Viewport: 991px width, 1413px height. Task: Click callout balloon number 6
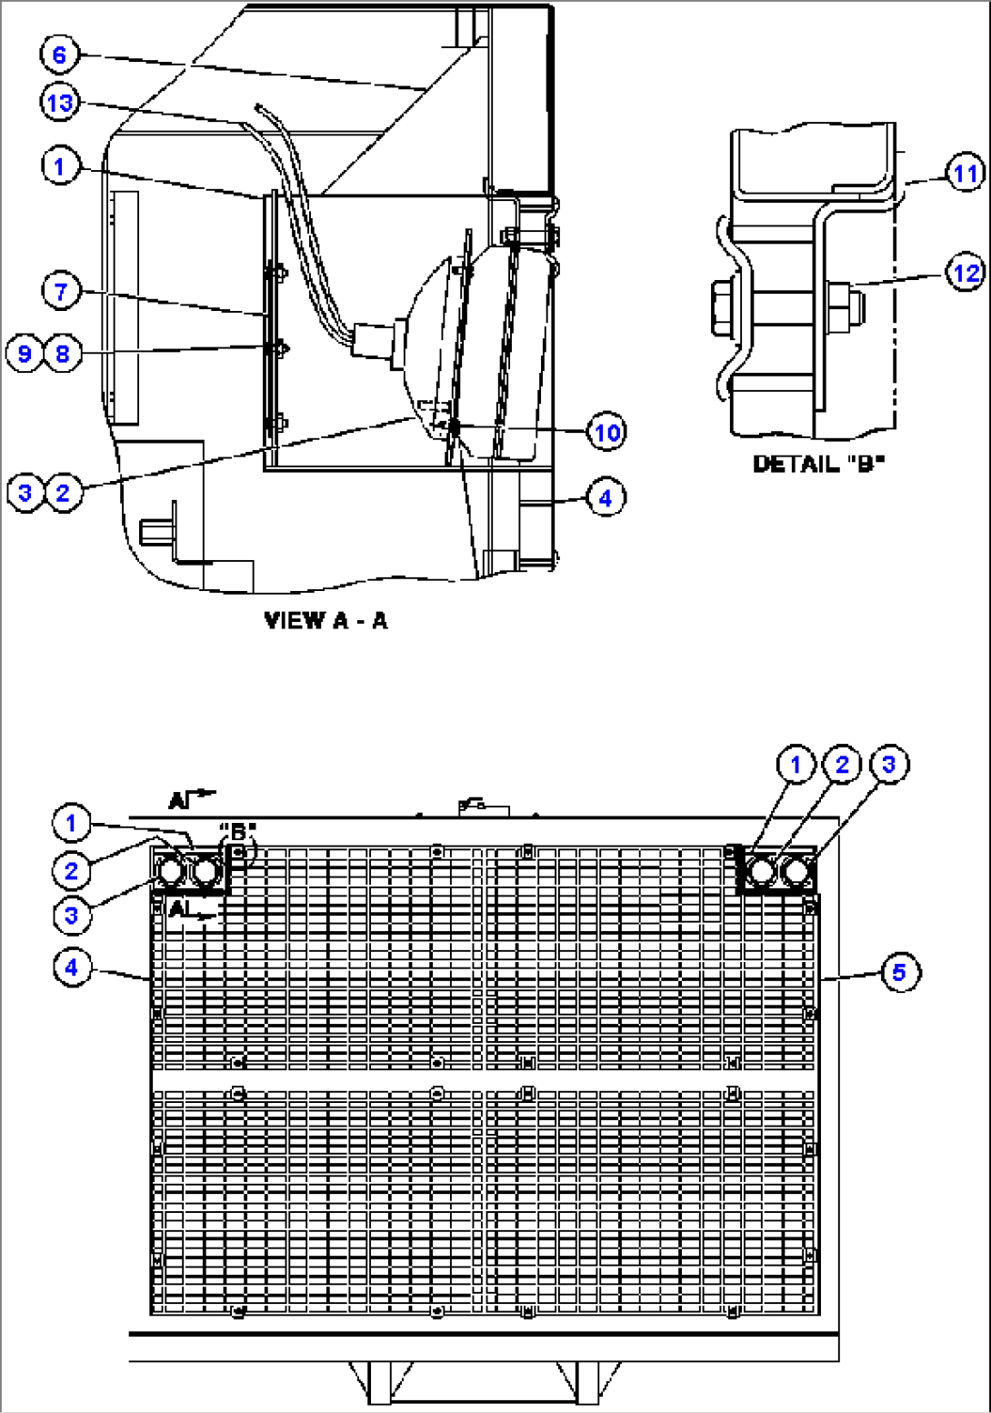59,55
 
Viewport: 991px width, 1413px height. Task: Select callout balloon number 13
60,103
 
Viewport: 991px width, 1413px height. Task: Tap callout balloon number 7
61,292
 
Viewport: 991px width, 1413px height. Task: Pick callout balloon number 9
25,353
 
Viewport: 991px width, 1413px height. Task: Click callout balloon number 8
63,353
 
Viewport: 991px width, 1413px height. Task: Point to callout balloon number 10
606,432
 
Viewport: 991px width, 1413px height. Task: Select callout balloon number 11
966,173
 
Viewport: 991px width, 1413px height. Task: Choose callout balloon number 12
966,272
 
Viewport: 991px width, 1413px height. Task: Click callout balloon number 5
898,972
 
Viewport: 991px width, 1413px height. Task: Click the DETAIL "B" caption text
818,464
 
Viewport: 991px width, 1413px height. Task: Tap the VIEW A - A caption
325,620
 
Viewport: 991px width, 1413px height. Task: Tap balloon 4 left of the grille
72,967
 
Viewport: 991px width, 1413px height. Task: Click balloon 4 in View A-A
606,497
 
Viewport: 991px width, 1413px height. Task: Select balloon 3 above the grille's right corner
888,765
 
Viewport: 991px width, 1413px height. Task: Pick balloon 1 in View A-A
60,166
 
